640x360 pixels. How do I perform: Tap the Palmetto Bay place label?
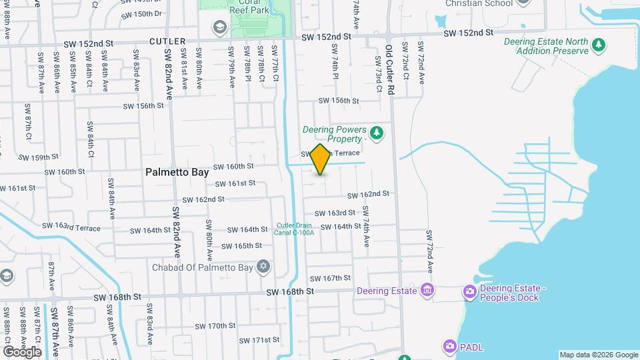click(177, 172)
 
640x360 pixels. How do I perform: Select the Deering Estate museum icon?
click(427, 290)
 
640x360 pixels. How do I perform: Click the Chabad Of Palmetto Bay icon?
click(263, 267)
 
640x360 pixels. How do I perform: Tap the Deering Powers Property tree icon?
click(377, 133)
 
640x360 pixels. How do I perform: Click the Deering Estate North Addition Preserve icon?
click(599, 45)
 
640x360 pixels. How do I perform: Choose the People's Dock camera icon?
click(470, 291)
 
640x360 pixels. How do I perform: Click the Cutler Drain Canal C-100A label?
click(295, 229)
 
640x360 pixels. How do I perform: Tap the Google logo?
click(22, 351)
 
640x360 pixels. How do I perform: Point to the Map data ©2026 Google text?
click(598, 355)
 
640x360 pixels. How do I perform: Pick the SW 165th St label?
click(242, 246)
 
